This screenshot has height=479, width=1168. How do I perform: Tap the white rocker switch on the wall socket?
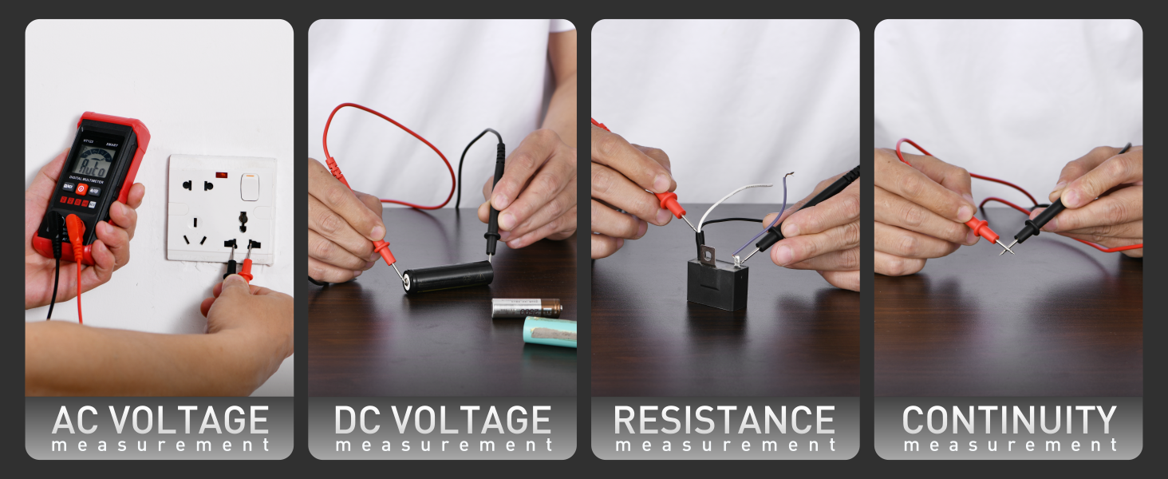pyautogui.click(x=250, y=187)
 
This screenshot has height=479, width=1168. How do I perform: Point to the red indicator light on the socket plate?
pyautogui.click(x=221, y=174)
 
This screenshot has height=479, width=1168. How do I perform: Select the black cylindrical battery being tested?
pyautogui.click(x=448, y=276)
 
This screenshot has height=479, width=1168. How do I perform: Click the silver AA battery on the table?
pyautogui.click(x=526, y=308)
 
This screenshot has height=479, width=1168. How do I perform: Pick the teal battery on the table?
pyautogui.click(x=550, y=331)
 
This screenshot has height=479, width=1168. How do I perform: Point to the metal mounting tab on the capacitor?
pyautogui.click(x=708, y=255)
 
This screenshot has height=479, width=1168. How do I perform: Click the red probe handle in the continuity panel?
pyautogui.click(x=981, y=230)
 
